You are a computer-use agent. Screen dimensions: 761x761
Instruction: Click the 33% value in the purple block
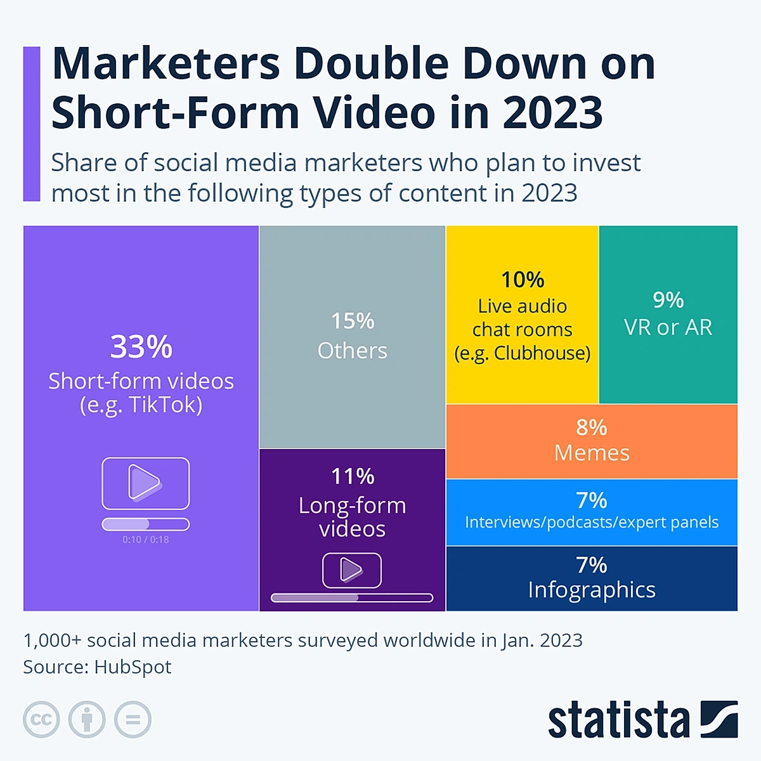click(141, 347)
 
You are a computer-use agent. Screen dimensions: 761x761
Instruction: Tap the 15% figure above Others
click(353, 321)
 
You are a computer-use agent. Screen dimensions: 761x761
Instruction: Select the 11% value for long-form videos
click(353, 476)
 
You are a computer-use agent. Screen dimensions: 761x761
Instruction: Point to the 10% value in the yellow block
click(523, 280)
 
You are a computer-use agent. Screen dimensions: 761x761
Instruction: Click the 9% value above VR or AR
click(668, 300)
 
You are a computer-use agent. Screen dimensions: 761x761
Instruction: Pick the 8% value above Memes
click(592, 427)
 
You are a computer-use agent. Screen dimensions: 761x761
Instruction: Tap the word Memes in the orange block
click(592, 453)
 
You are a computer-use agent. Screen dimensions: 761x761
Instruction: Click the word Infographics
click(592, 590)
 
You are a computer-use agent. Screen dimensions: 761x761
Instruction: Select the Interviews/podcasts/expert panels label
click(592, 522)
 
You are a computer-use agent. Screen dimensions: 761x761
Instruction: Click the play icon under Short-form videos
click(145, 483)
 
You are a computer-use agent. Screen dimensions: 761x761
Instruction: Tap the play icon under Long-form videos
click(352, 570)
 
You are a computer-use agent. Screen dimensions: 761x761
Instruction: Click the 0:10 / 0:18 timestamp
click(146, 540)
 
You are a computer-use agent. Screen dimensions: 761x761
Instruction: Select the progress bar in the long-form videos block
click(352, 597)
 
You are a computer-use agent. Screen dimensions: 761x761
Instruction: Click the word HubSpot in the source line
click(133, 667)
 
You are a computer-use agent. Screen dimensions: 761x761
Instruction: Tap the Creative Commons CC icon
click(41, 720)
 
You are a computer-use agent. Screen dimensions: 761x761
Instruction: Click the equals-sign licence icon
click(133, 720)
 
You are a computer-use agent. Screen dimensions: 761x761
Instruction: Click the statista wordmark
click(618, 720)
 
